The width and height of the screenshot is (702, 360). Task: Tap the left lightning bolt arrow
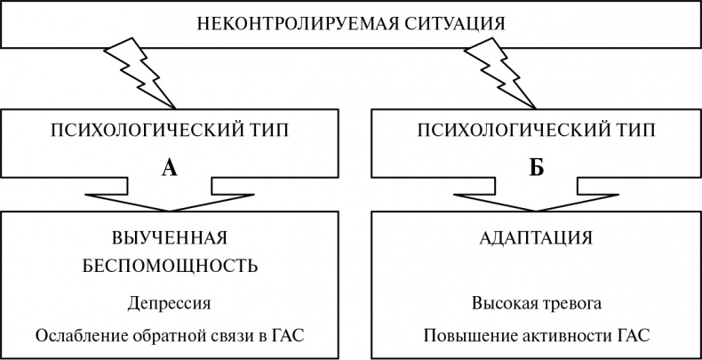coord(140,71)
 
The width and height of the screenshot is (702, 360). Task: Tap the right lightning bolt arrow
coord(500,71)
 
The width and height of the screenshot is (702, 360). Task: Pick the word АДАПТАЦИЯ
coord(535,239)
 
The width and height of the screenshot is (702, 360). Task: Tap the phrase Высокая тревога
coord(537,303)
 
